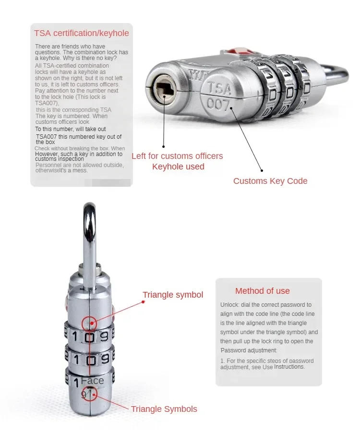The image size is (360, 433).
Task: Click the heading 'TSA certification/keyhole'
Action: (82, 33)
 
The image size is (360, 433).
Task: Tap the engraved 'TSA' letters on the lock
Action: (219, 89)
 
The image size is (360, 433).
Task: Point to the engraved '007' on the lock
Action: (218, 104)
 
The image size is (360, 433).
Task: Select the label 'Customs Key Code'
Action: (270, 181)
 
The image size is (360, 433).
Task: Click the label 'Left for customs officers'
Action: (177, 156)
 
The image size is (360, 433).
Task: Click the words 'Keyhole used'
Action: (179, 167)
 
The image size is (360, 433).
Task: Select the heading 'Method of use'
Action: (263, 291)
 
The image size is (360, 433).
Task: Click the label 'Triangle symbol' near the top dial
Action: (173, 295)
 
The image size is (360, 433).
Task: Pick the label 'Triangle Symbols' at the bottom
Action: (164, 409)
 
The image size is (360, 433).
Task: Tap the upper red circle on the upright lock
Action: (89, 323)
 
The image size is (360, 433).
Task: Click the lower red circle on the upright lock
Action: (90, 394)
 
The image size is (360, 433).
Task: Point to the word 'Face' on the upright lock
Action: (93, 381)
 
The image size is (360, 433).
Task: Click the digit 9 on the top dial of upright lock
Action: (104, 337)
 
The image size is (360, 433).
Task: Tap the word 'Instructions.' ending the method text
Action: (289, 367)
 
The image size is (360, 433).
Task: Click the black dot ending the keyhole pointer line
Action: (163, 146)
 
